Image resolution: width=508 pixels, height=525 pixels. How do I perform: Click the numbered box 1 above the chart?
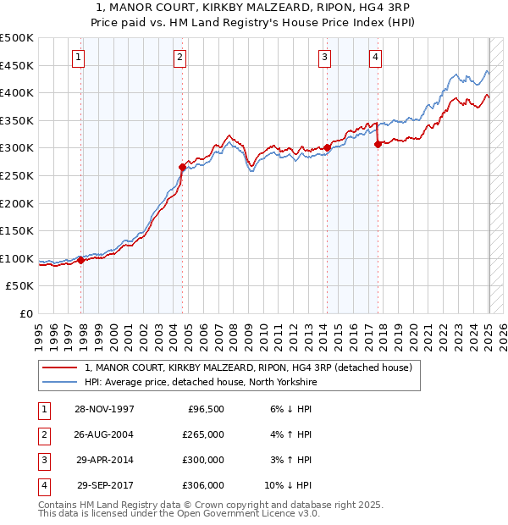click(78, 58)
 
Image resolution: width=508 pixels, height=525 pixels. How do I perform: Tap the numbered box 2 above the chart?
click(180, 58)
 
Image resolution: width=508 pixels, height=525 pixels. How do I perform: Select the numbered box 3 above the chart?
click(324, 58)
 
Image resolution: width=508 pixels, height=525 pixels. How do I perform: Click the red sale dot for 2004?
click(182, 168)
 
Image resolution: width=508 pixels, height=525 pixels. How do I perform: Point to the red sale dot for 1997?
click(81, 260)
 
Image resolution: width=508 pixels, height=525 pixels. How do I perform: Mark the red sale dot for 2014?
click(327, 148)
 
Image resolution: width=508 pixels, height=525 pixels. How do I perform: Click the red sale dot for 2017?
click(378, 145)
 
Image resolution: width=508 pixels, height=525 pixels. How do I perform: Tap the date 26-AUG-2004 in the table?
click(105, 434)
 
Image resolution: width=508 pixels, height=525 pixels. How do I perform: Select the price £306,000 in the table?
click(203, 485)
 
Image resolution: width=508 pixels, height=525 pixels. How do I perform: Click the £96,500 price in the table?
click(205, 409)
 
